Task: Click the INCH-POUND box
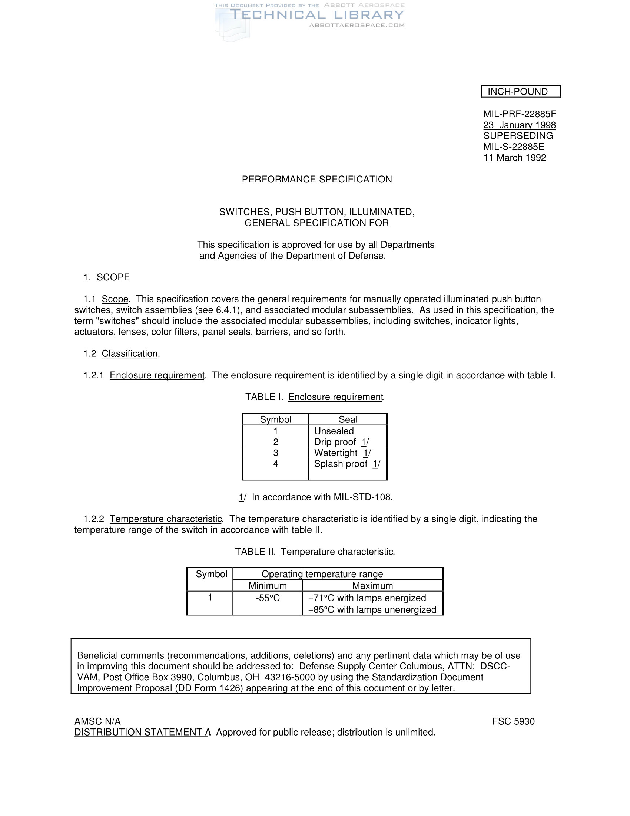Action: [x=521, y=92]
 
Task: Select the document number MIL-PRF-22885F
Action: [x=520, y=114]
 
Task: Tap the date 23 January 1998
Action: [x=520, y=125]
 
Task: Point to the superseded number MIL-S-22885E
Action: [x=514, y=147]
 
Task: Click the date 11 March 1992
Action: [x=515, y=158]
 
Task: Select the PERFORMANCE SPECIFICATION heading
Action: [x=317, y=180]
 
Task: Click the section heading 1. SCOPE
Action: [x=107, y=277]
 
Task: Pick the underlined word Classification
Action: [x=129, y=353]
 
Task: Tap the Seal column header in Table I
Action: [x=348, y=419]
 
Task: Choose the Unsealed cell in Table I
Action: [x=334, y=431]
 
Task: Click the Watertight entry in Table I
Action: [x=335, y=453]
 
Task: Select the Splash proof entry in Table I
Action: [x=341, y=464]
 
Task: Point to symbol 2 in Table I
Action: [x=276, y=442]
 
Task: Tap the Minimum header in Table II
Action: [x=268, y=585]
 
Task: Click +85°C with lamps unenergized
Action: [x=372, y=610]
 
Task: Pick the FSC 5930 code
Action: [x=513, y=721]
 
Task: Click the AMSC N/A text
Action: [x=97, y=721]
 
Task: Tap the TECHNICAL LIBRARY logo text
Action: [x=317, y=15]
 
